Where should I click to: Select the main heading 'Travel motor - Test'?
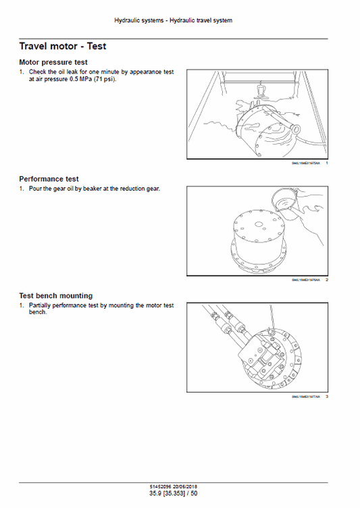pyautogui.click(x=62, y=47)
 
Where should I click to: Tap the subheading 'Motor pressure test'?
pyautogui.click(x=53, y=63)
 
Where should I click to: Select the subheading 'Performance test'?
pyautogui.click(x=49, y=179)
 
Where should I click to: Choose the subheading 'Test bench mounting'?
pyautogui.click(x=56, y=296)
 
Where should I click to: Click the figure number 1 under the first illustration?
pyautogui.click(x=327, y=163)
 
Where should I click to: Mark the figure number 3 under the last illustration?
pyautogui.click(x=327, y=396)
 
